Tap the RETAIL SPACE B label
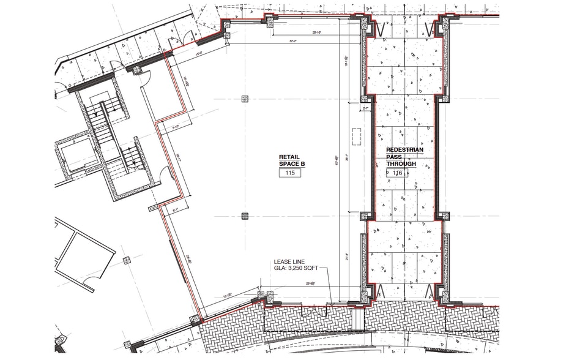tap(292, 160)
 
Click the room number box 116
tap(398, 173)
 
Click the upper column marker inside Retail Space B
tap(245, 99)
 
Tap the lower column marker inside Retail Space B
tap(245, 215)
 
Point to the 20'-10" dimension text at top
tap(318, 31)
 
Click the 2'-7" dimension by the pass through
tap(367, 108)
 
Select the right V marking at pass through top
tap(428, 29)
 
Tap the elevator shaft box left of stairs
tap(74, 156)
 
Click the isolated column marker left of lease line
tap(127, 260)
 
